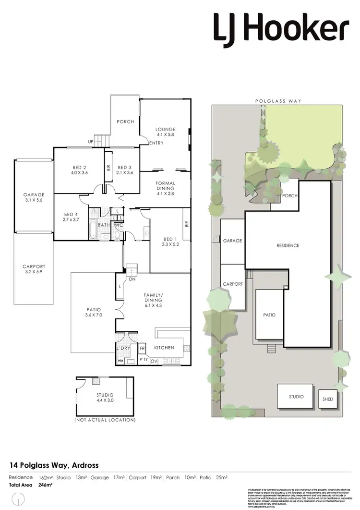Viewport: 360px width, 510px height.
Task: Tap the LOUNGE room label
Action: (x=165, y=129)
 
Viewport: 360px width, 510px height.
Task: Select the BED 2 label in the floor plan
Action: (x=78, y=167)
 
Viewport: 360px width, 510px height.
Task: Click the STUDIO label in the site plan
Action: (x=296, y=397)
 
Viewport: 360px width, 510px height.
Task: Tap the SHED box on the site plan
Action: (x=328, y=399)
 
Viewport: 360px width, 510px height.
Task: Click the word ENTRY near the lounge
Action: (x=156, y=143)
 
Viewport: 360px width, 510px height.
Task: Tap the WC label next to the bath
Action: (x=118, y=224)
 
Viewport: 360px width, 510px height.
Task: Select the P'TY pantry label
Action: (x=143, y=359)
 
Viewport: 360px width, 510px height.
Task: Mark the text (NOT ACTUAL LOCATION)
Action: (x=105, y=420)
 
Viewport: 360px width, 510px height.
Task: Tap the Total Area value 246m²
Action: (x=45, y=485)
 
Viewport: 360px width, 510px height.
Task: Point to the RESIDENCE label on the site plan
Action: (x=288, y=245)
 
